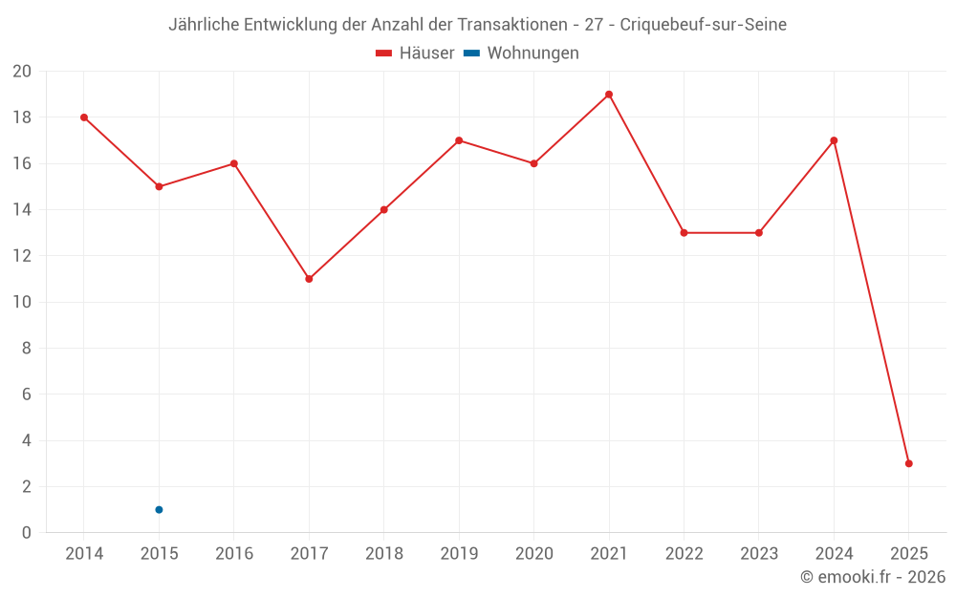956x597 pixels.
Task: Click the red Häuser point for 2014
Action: coord(84,117)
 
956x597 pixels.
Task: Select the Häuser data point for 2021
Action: coord(609,95)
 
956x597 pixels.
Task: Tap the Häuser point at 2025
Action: coord(909,463)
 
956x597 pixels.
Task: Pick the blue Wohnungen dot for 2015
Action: coord(159,509)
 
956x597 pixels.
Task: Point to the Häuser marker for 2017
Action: coord(309,279)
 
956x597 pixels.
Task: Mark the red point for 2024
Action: coord(834,140)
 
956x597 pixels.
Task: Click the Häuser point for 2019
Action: coord(459,140)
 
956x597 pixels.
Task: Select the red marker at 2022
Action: coord(684,233)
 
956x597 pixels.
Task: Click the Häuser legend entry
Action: coord(415,53)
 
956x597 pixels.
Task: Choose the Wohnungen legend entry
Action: coord(522,53)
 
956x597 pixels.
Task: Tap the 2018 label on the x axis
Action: coord(383,554)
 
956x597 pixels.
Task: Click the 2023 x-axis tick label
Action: coord(759,554)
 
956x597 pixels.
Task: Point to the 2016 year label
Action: coord(233,554)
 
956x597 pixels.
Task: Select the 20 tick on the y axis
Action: coord(22,72)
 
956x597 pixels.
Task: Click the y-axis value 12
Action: coord(22,256)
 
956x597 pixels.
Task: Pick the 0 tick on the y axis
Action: coord(27,533)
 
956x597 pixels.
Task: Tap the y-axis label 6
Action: coord(27,394)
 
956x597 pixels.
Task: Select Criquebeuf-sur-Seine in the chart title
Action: coord(703,25)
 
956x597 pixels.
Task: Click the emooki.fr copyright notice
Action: coord(872,577)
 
